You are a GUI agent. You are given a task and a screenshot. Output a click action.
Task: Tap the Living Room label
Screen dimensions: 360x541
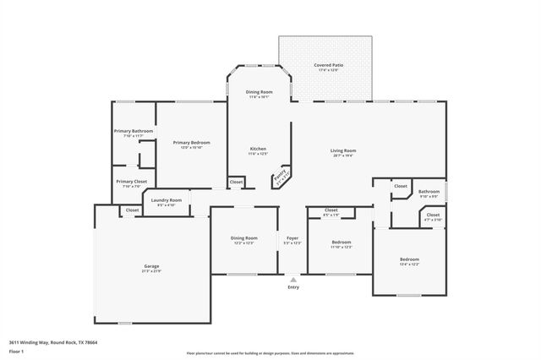point(342,150)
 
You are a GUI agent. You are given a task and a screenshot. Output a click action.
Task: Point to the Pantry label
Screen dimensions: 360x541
point(280,177)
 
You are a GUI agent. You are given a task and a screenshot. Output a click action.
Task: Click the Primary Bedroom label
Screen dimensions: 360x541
point(191,143)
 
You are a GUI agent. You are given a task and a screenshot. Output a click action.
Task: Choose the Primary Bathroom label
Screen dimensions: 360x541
point(134,131)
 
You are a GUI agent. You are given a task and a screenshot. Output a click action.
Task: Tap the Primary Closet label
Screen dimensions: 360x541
point(131,182)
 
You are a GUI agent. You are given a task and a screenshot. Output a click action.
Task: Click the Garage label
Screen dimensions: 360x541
point(151,266)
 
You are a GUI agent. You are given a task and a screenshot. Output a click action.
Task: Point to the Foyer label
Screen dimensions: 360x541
point(292,238)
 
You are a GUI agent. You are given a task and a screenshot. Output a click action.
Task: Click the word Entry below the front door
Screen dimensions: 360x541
point(293,287)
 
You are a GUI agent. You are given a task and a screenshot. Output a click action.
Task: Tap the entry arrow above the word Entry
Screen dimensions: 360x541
point(293,278)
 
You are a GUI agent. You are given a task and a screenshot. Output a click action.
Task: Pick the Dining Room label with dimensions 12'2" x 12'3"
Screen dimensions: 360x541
point(243,238)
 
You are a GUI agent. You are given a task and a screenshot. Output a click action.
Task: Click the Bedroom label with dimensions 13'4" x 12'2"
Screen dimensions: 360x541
point(409,259)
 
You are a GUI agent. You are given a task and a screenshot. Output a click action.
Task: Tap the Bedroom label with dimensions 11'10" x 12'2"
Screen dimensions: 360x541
point(342,242)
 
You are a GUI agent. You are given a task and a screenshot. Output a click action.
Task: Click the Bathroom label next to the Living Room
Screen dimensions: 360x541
point(429,192)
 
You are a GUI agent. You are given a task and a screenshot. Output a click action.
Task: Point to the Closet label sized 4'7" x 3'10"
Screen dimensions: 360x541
point(433,215)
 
